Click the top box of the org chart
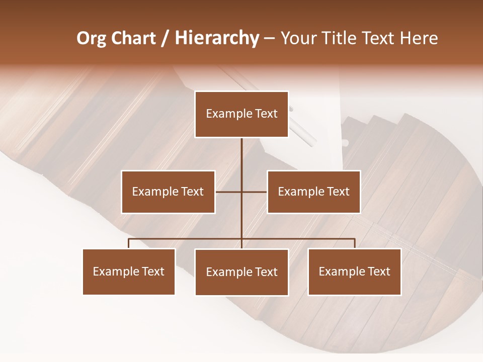[x=242, y=114]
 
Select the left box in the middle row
[x=168, y=192]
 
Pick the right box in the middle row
[x=313, y=192]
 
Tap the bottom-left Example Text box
[x=129, y=271]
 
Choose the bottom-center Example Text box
[x=242, y=272]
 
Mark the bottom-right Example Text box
[x=354, y=271]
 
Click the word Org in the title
[x=91, y=38]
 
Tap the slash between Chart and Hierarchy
[x=166, y=39]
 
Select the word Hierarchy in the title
[x=216, y=38]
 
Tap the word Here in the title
[x=419, y=38]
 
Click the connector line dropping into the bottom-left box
[x=129, y=243]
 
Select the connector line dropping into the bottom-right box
[x=354, y=243]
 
